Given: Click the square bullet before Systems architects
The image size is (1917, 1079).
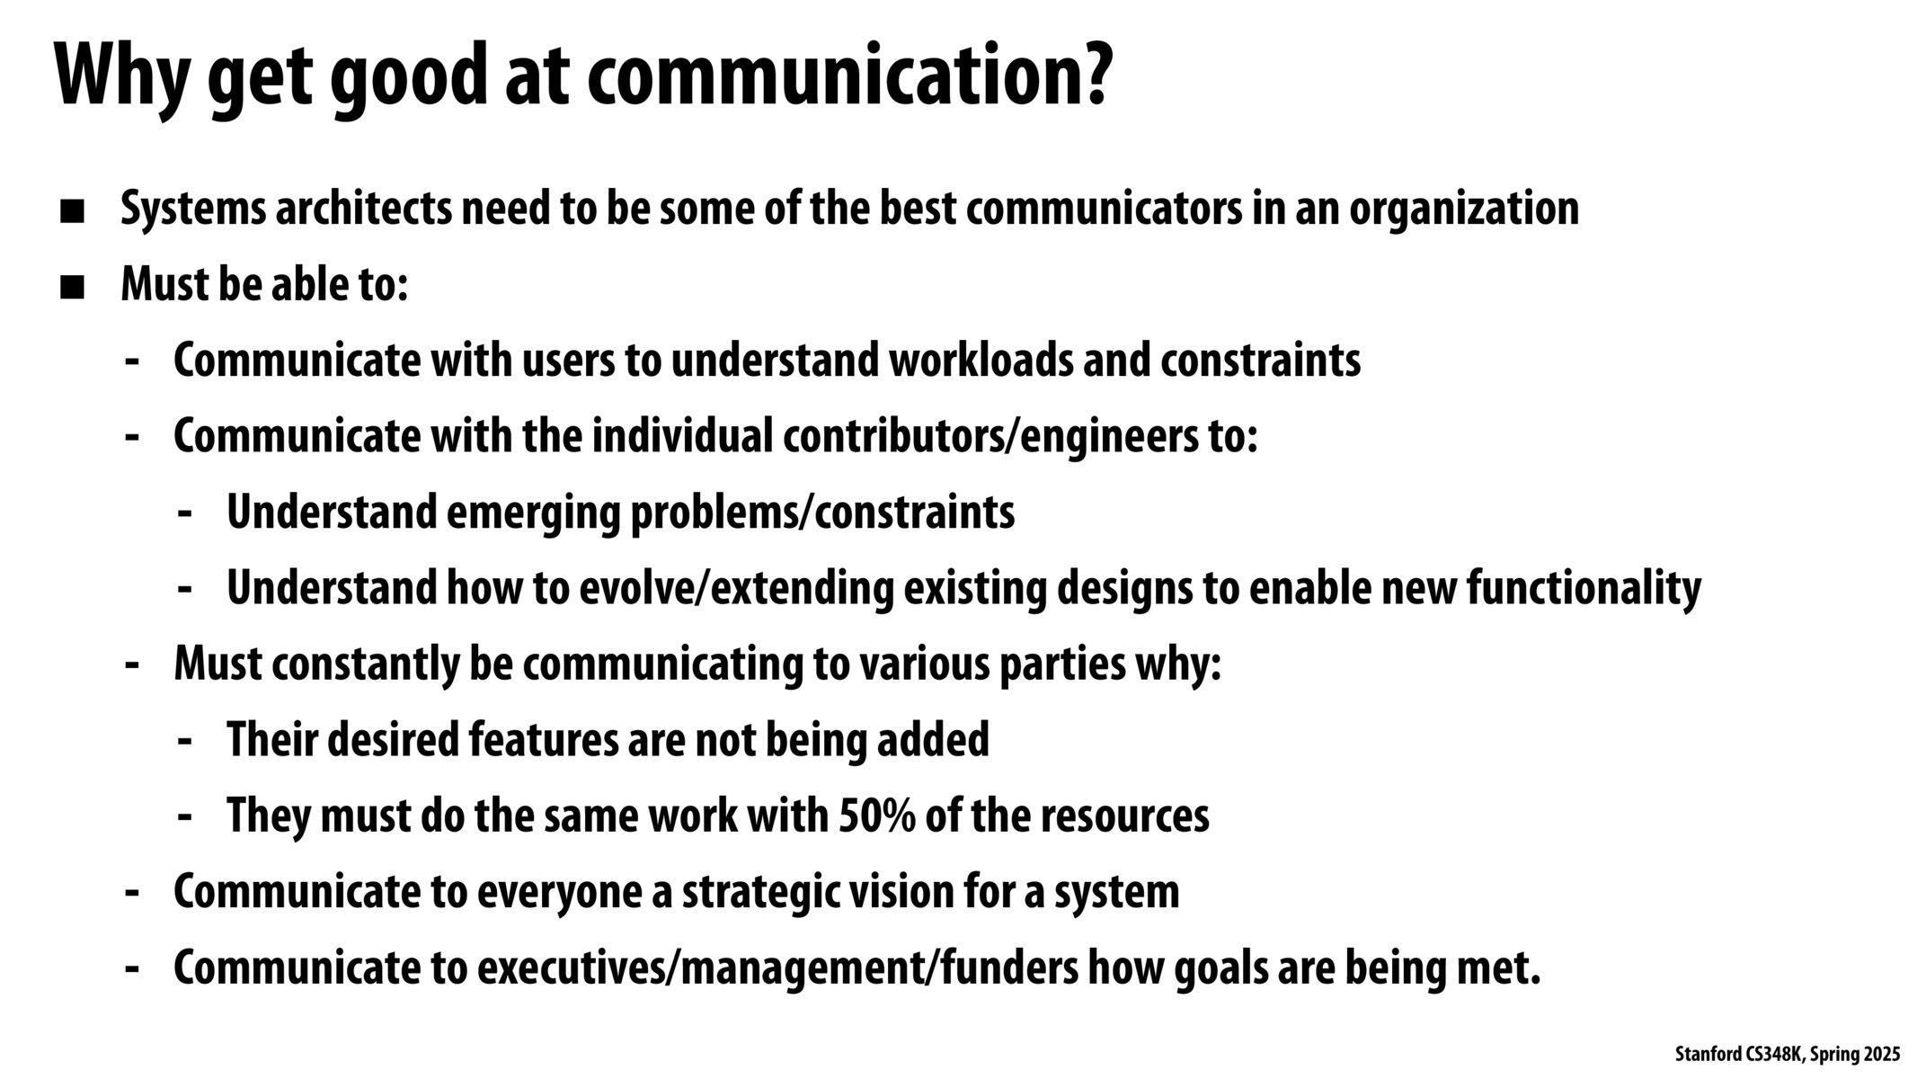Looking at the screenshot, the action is (72, 212).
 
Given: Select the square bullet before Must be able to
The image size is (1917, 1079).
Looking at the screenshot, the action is (72, 289).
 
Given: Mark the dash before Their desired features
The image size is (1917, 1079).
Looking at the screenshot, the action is (186, 742).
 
